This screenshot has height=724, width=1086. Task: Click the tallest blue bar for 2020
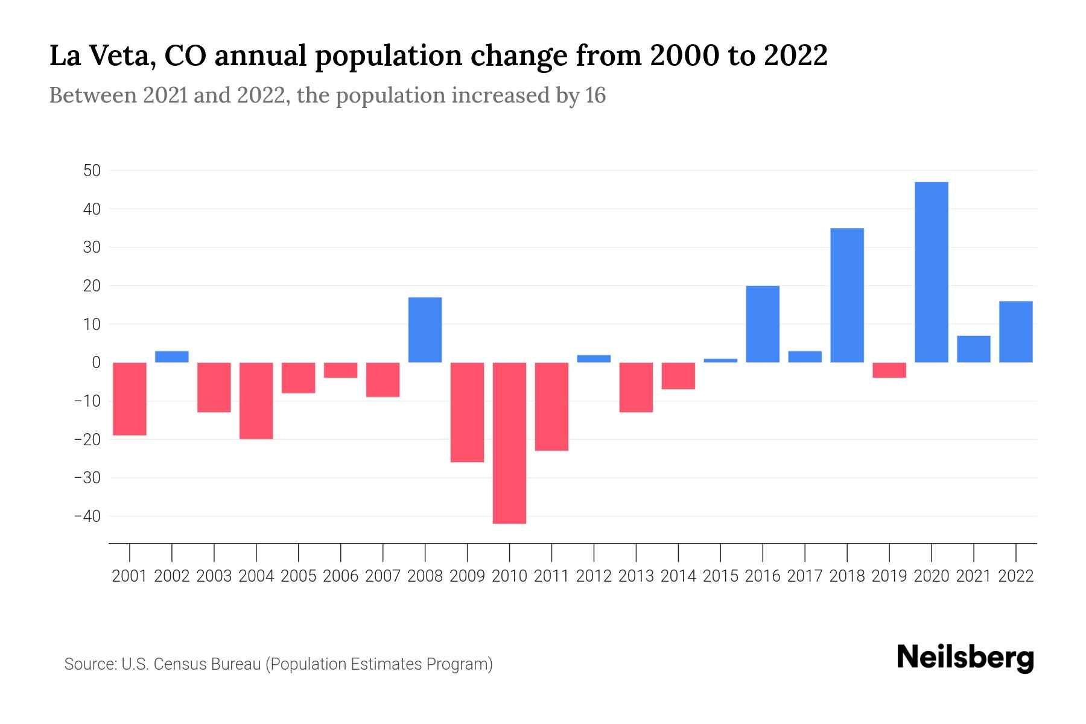(x=931, y=272)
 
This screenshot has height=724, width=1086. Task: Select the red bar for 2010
(x=509, y=443)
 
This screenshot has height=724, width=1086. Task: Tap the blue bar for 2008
(x=425, y=329)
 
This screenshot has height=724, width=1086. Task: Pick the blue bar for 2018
(x=846, y=295)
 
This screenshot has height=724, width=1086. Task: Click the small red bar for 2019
(x=889, y=370)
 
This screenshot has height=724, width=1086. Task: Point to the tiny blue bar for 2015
(x=720, y=360)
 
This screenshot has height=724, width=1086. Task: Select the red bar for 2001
(x=130, y=399)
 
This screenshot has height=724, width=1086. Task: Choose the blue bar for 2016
(x=763, y=324)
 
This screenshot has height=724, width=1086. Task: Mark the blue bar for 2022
(x=1015, y=331)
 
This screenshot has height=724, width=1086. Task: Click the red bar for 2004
(x=256, y=401)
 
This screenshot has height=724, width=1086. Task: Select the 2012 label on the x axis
(x=594, y=576)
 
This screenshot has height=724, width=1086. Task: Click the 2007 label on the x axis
(x=383, y=576)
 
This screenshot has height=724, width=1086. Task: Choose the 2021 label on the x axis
(x=973, y=576)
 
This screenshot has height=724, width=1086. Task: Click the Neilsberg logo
(x=965, y=658)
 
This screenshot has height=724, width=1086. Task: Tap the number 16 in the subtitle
(x=595, y=96)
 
